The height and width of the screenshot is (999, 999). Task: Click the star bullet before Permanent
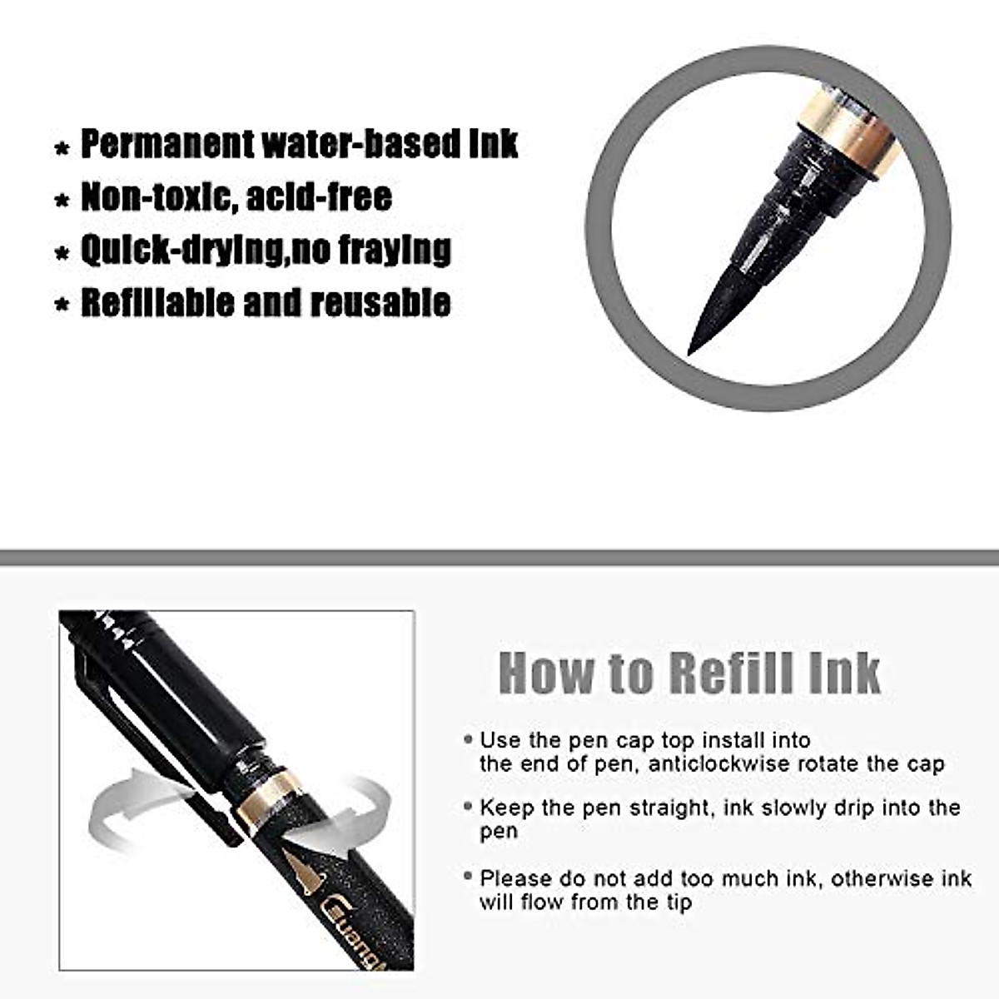[61, 150]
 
